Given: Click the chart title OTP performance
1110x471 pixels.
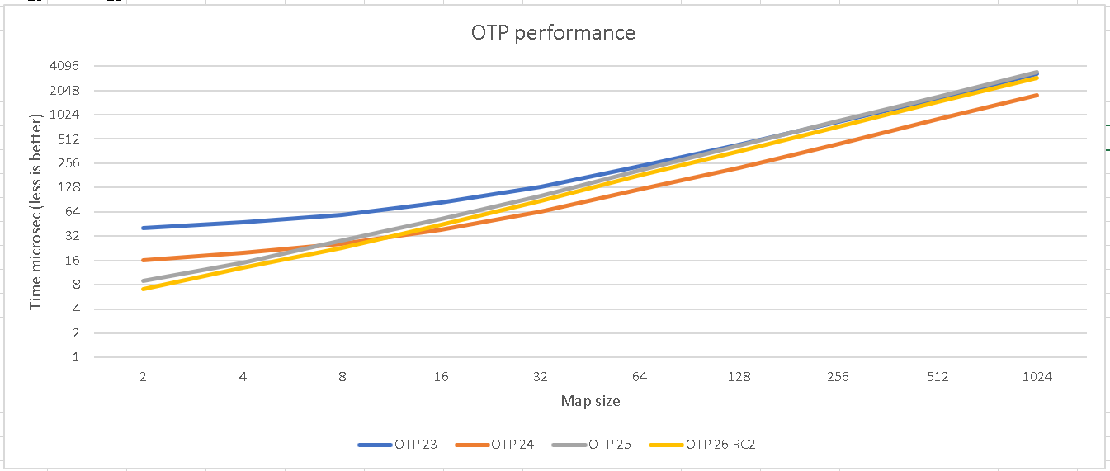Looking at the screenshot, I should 553,33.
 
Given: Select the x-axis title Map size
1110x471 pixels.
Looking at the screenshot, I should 590,402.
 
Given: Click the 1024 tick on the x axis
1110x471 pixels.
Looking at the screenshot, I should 1037,377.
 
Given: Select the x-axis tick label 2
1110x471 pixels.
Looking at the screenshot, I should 144,377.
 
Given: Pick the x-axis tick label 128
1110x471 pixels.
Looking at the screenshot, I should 739,377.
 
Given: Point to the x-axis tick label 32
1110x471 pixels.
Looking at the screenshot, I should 541,377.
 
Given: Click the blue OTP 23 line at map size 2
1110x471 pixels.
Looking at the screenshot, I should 144,228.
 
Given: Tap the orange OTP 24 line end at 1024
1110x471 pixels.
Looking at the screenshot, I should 1037,95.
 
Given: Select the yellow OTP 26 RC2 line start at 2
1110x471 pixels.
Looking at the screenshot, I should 144,289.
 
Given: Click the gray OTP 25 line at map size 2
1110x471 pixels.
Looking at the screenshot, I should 144,280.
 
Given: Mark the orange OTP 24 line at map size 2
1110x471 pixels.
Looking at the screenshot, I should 144,260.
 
